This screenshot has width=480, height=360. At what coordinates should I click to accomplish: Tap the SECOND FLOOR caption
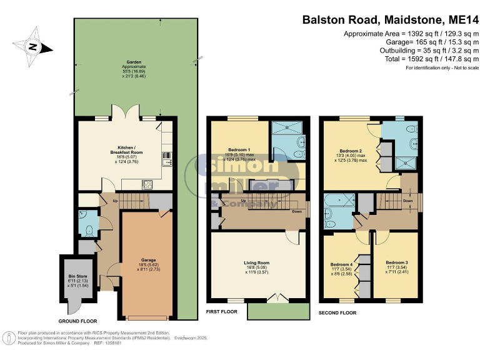337,311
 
